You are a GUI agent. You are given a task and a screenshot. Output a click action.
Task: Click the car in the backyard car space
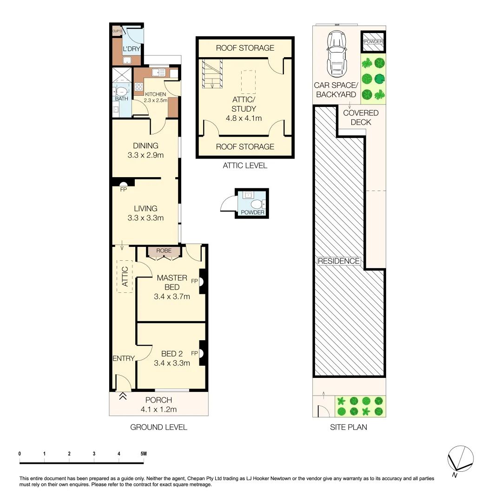point(336,54)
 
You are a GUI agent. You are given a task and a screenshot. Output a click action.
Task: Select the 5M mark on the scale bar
point(143,454)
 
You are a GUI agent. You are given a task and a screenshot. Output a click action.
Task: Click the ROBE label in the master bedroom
point(164,251)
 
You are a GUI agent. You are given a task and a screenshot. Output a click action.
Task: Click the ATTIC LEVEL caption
point(245,165)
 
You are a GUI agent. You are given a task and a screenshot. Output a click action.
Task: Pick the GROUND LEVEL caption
point(158,427)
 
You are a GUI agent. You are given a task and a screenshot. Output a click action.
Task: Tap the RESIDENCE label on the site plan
point(338,261)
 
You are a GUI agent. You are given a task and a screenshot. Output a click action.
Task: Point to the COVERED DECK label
point(361,118)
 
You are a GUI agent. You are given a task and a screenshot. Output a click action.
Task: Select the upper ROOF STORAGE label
point(245,48)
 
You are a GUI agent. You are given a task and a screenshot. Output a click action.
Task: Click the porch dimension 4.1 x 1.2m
point(158,410)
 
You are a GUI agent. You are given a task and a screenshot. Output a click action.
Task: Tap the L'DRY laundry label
point(128,49)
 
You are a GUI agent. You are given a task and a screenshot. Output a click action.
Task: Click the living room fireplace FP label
point(123,190)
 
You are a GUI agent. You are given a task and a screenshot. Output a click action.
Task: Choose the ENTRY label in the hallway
point(123,358)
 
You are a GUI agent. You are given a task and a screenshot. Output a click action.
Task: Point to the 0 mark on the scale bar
point(20,454)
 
